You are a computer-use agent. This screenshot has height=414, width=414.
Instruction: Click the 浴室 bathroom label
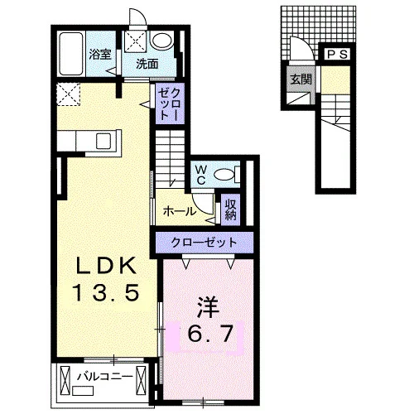coord(100,55)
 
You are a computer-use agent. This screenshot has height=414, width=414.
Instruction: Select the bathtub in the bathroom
coord(71,54)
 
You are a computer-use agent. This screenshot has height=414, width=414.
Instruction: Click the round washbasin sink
coord(161,41)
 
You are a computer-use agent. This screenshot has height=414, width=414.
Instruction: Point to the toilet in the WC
coord(226,175)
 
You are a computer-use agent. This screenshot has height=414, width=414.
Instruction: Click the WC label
coord(201,175)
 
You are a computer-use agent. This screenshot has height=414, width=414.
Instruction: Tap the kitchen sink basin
coord(103,141)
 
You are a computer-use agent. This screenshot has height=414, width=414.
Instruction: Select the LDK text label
coord(107,265)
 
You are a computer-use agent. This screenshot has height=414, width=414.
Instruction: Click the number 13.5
coord(105,292)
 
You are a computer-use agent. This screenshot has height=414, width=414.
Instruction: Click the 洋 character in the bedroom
coord(208,307)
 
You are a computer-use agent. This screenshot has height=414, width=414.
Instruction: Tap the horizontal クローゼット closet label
coord(204,243)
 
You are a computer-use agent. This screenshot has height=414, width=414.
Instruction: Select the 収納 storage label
coord(231,209)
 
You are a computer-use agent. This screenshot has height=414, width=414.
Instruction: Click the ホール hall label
coord(180,212)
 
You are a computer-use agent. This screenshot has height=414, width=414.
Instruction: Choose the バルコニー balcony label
coord(107,376)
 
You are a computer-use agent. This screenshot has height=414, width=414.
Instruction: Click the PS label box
coord(337,55)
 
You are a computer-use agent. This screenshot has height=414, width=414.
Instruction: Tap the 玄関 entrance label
coord(301,79)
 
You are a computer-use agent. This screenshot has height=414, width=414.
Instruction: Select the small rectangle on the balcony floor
coord(83,391)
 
